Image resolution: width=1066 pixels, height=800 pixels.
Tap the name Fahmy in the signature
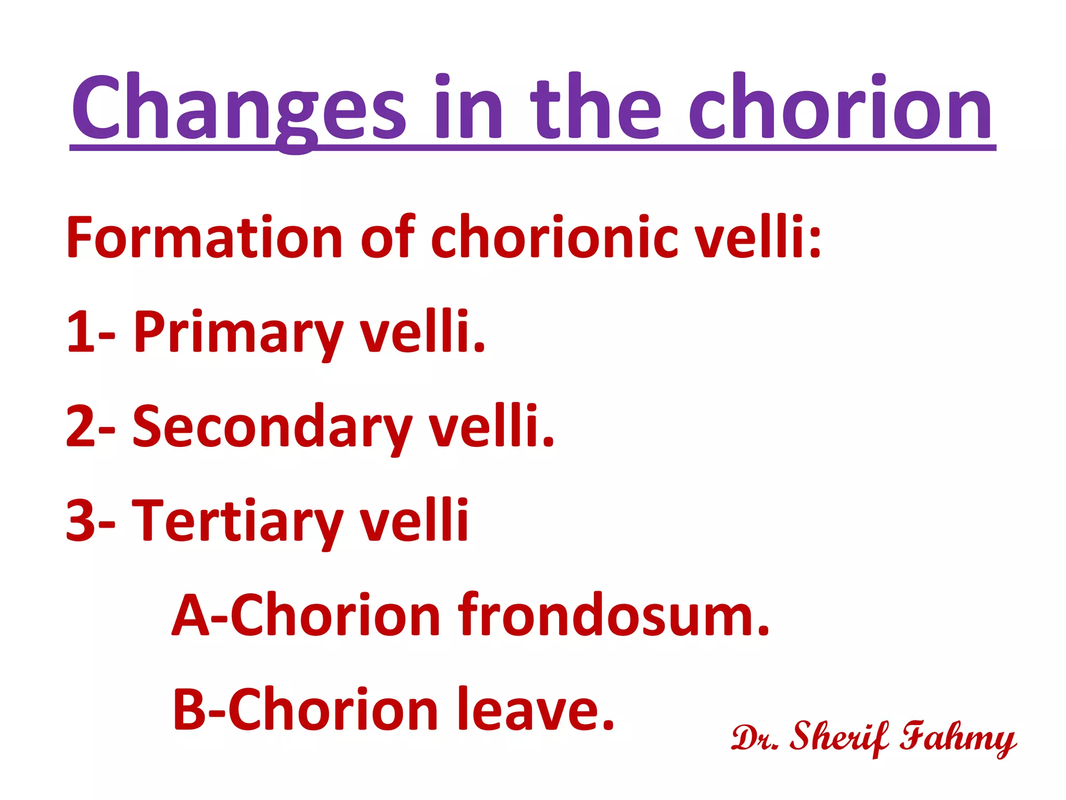point(958,737)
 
